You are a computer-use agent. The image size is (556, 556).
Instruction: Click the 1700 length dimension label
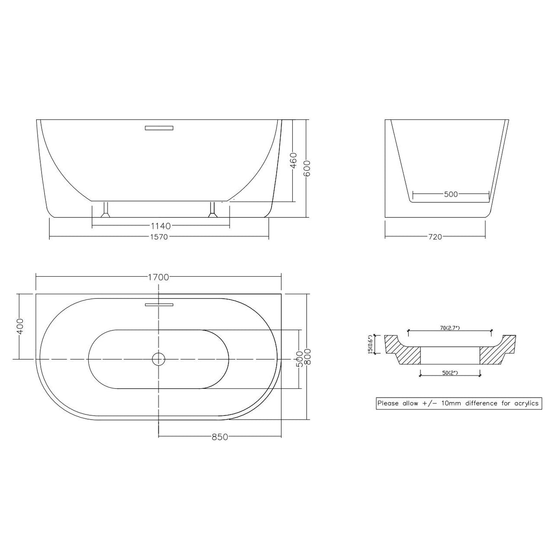pyautogui.click(x=158, y=277)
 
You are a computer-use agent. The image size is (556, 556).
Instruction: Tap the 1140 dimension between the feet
pyautogui.click(x=160, y=226)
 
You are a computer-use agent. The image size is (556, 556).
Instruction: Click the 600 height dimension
pyautogui.click(x=307, y=169)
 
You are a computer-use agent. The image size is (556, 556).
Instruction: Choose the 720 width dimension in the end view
pyautogui.click(x=435, y=237)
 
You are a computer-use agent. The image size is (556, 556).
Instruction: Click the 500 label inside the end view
pyautogui.click(x=451, y=194)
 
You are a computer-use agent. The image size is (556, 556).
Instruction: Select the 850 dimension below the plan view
pyautogui.click(x=220, y=437)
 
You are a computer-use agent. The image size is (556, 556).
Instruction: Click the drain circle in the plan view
pyautogui.click(x=158, y=359)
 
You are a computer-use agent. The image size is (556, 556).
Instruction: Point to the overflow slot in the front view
pyautogui.click(x=158, y=128)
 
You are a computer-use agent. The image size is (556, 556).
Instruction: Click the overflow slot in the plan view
pyautogui.click(x=158, y=304)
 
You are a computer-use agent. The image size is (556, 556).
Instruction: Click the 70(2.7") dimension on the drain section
pyautogui.click(x=449, y=328)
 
